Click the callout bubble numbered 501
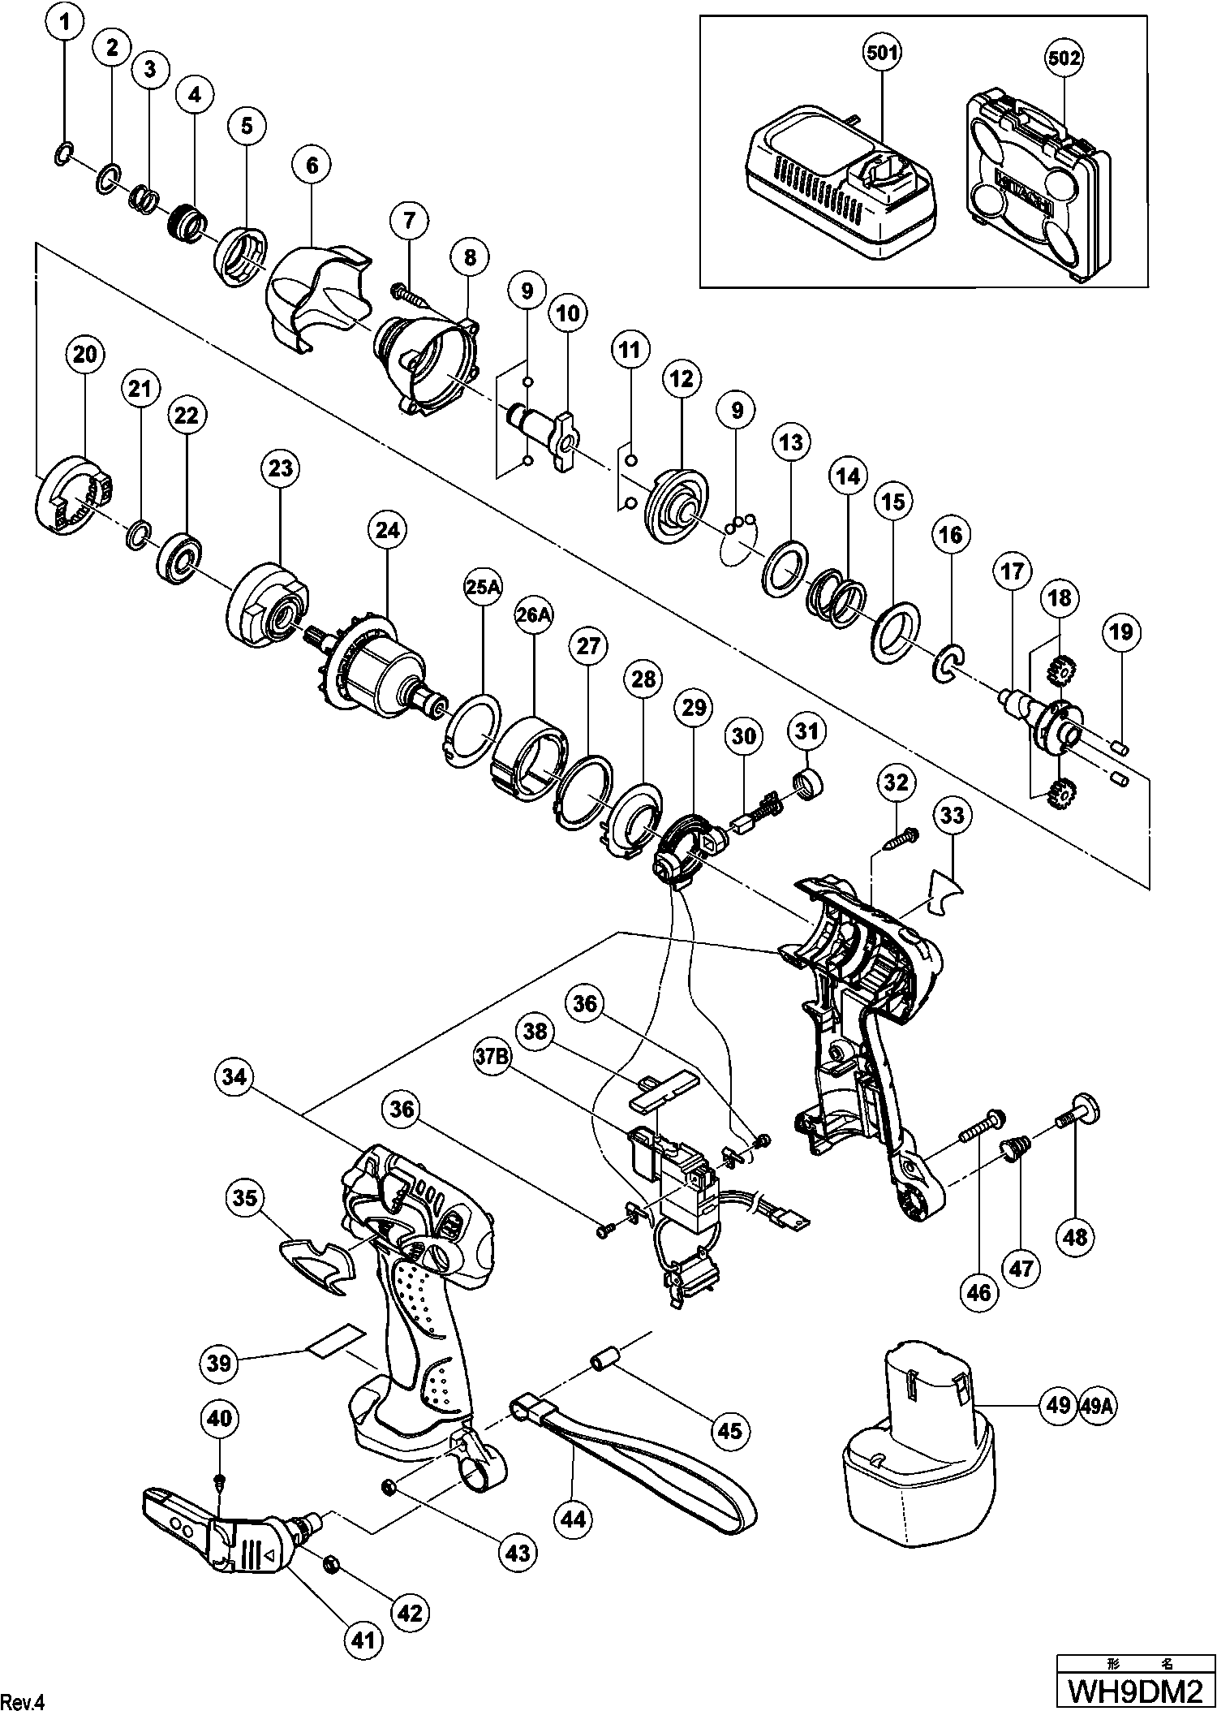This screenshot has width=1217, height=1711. pyautogui.click(x=882, y=54)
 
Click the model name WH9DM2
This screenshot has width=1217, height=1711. pyautogui.click(x=1133, y=1690)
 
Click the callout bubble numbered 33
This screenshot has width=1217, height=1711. pyautogui.click(x=953, y=814)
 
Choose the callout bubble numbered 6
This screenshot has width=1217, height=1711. pyautogui.click(x=312, y=165)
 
